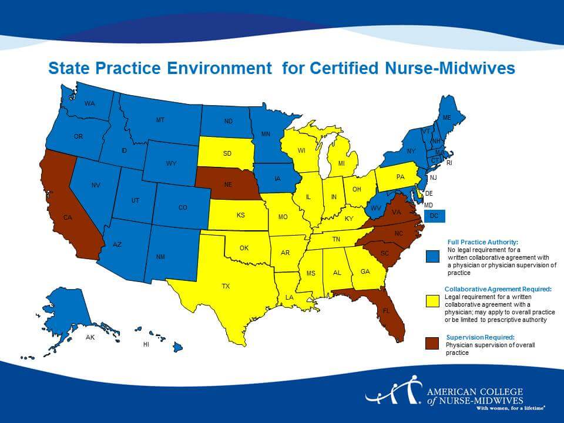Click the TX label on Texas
tap(226, 286)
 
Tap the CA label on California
tap(68, 218)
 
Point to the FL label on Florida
tap(386, 310)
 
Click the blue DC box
tap(434, 216)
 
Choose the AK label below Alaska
tap(90, 338)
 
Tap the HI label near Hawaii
tap(146, 345)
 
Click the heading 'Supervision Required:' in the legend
tap(480, 337)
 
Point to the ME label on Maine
tap(447, 117)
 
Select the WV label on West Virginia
tap(376, 208)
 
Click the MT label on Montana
tap(160, 120)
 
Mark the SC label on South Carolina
tap(385, 253)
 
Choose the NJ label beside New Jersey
tap(433, 177)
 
